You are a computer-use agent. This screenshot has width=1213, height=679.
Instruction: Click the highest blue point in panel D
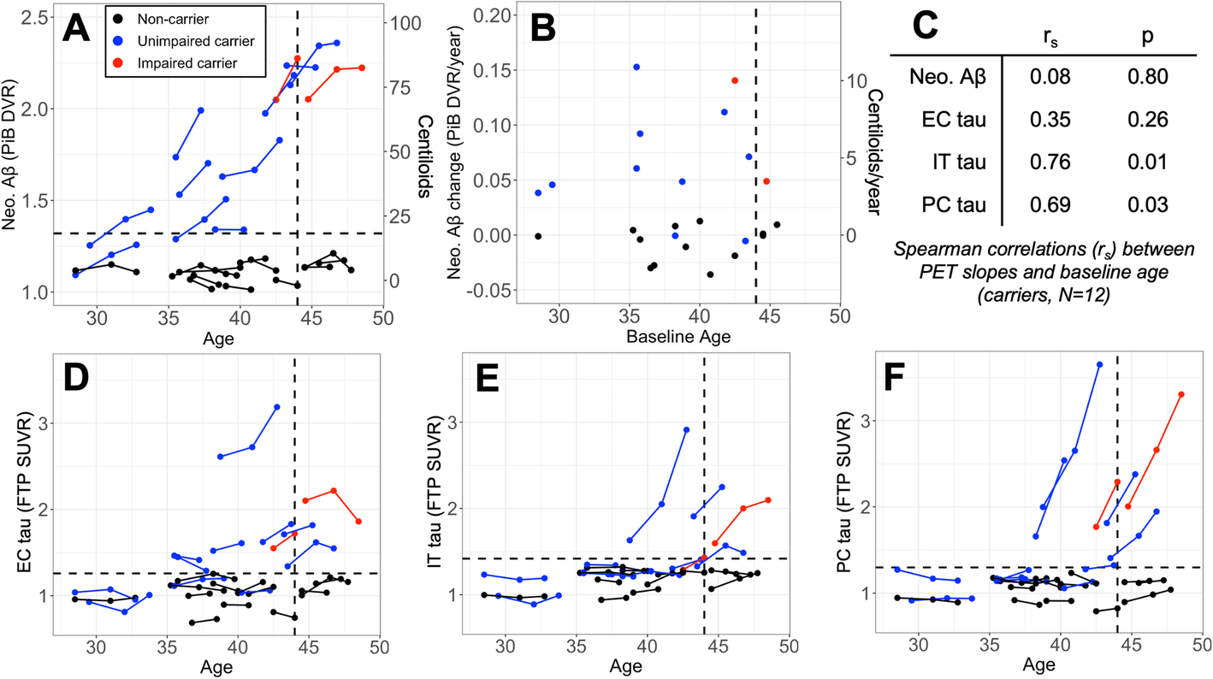click(x=277, y=407)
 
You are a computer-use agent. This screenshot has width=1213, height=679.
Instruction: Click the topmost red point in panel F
click(x=1181, y=394)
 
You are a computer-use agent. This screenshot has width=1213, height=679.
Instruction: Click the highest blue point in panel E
click(x=686, y=430)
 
